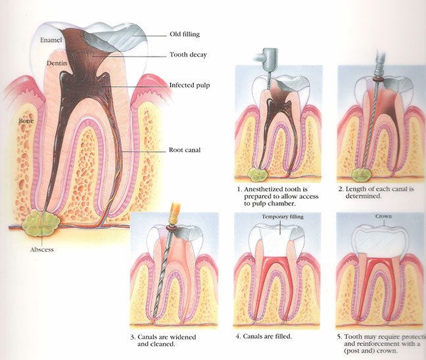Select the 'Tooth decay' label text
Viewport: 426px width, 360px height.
coord(188,55)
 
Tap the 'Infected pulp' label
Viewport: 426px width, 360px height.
coord(190,86)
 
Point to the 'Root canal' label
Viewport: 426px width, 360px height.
coord(184,150)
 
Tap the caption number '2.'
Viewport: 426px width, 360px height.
coord(341,188)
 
